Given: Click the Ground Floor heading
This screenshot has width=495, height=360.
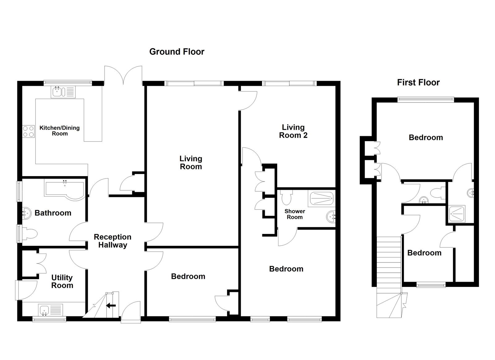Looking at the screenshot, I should coord(177,52).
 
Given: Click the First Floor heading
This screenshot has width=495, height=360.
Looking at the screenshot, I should coord(418,82).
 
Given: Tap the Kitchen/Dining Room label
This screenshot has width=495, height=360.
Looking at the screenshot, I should coord(59,131).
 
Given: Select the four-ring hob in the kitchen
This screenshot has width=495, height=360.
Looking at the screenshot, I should coord(28,131).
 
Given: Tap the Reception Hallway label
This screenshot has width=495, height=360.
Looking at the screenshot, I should coord(112,241).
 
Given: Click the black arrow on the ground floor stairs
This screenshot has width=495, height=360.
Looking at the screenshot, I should coord(110,306).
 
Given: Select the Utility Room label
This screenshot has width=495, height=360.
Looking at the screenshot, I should coord(62,281).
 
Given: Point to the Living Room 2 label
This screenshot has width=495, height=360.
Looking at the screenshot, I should coord(293,131).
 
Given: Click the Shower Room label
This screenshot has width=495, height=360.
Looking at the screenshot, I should coord(295,214).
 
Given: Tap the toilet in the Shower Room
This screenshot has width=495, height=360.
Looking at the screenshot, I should coord(287,197).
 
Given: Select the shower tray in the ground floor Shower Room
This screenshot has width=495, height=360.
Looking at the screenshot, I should coord(321,199).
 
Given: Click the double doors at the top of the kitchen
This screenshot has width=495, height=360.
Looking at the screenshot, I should coord(123,75).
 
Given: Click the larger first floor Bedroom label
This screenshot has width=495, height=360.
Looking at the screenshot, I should coord(426,137).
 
